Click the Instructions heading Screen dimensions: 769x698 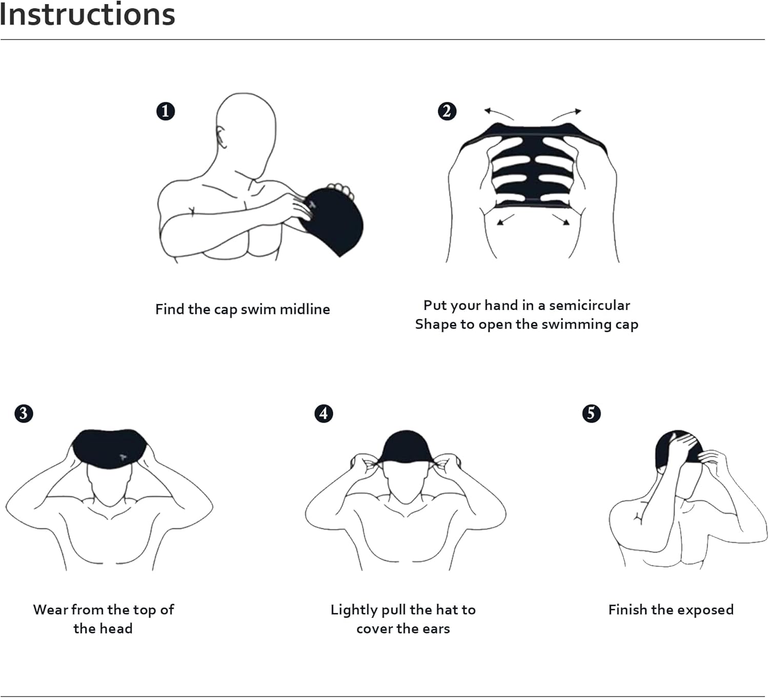pos(87,14)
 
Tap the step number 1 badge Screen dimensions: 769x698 pos(166,111)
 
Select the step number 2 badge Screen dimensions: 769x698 pos(447,111)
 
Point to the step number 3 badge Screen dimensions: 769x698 pos(24,414)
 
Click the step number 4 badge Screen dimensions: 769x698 pos(323,414)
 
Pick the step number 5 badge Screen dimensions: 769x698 pos(591,414)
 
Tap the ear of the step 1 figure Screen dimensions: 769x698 pos(221,136)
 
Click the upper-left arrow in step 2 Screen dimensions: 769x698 pos(498,112)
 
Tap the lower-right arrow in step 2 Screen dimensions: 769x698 pos(561,219)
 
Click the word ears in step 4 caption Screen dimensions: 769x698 pos(436,629)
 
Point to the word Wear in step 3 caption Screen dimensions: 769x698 pos(50,610)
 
